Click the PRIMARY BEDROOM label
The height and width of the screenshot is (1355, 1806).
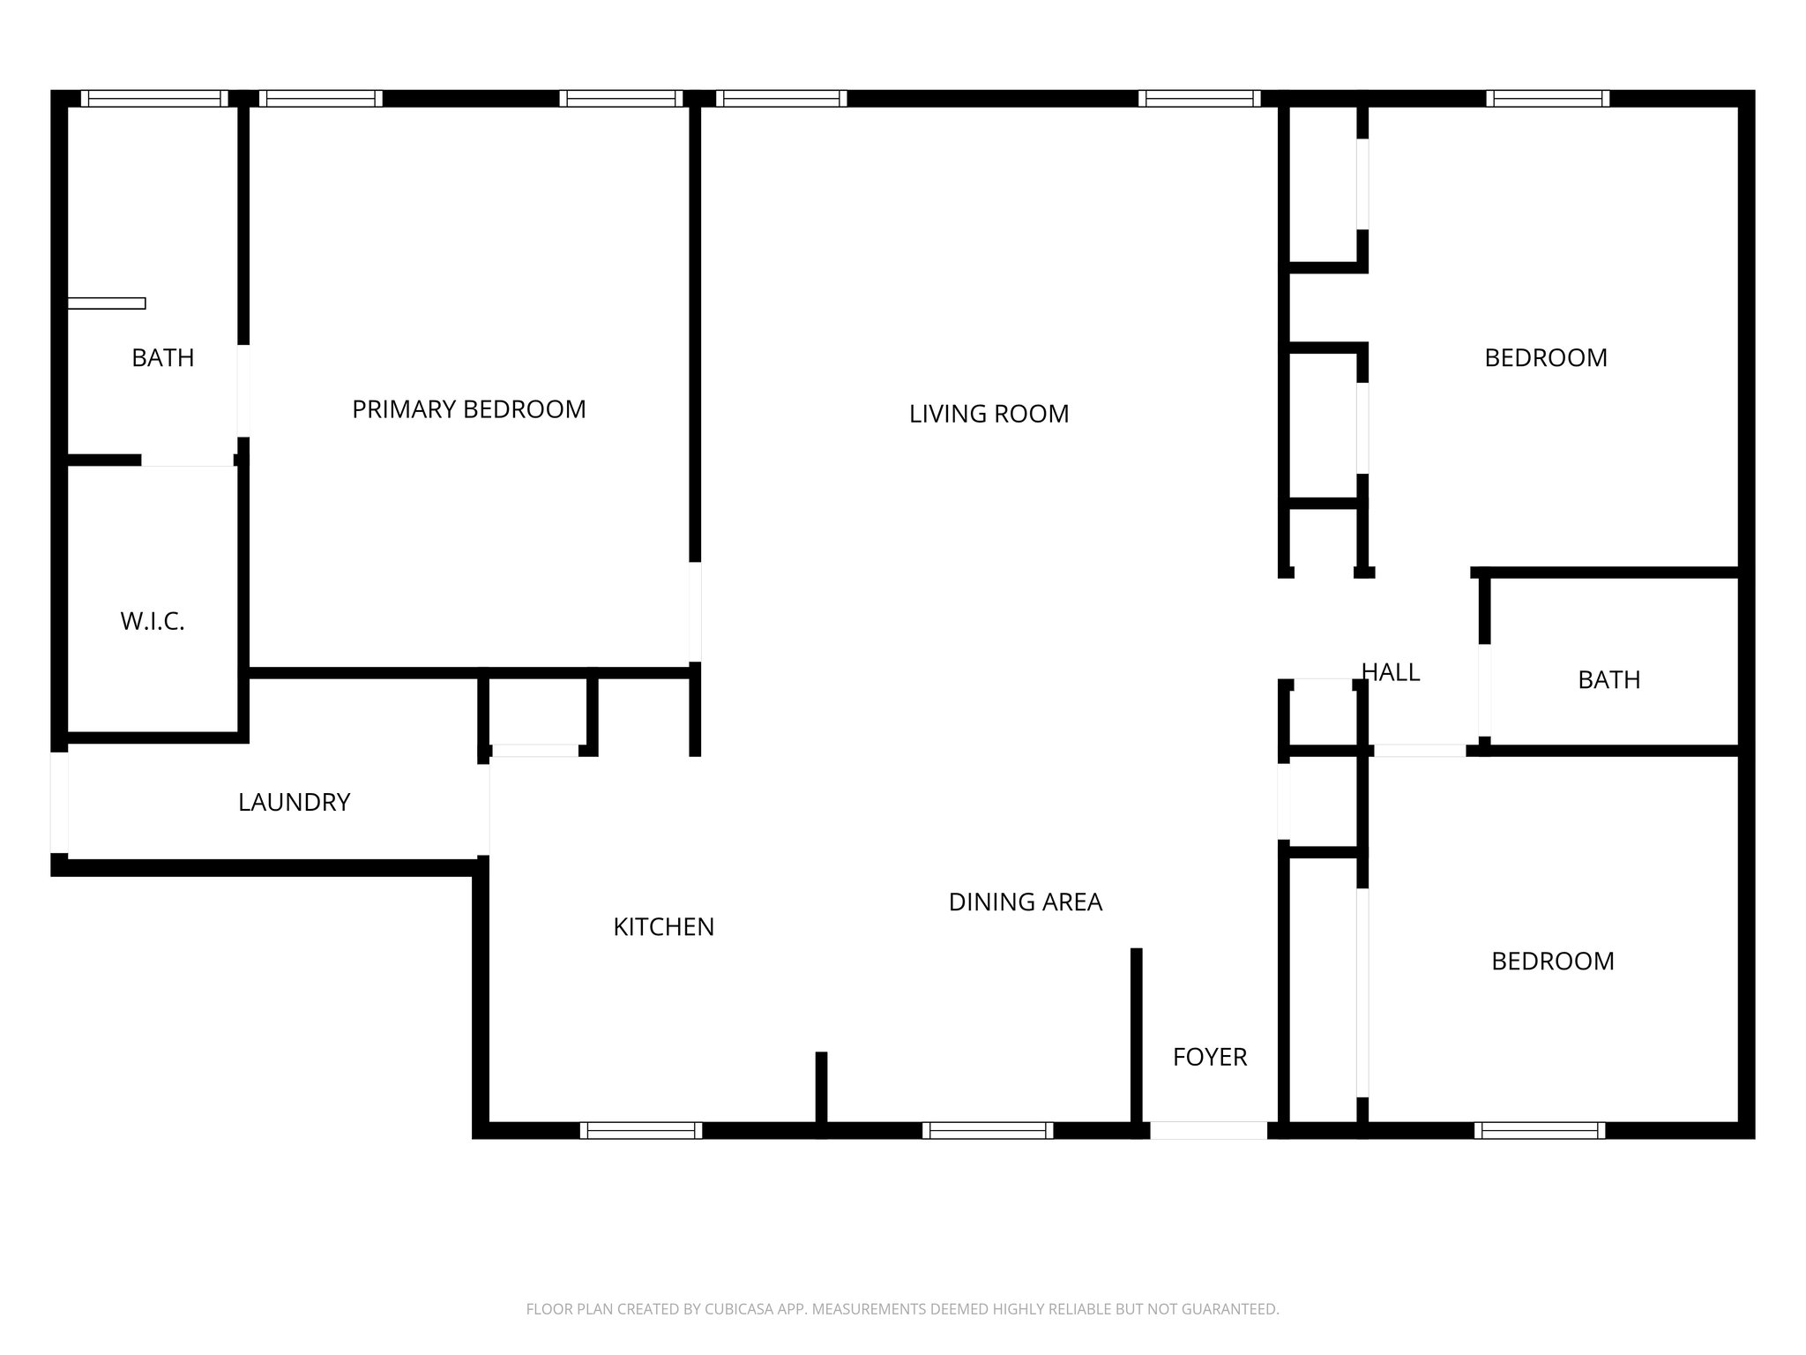tap(468, 409)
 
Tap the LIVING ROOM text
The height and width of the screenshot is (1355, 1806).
tap(989, 414)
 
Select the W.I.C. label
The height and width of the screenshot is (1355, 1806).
tap(153, 622)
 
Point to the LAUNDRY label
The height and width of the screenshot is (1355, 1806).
tap(294, 802)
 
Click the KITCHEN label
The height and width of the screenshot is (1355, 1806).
tap(663, 927)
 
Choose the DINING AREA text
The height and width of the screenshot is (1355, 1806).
tap(1025, 902)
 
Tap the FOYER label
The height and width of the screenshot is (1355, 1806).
tap(1209, 1057)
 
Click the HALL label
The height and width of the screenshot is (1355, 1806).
tap(1391, 672)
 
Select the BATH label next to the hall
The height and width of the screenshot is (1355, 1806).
tap(1608, 680)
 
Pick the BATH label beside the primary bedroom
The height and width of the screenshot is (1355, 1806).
tap(162, 358)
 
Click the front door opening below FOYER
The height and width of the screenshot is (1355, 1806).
tap(1208, 1130)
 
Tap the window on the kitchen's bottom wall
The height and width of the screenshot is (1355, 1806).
tap(641, 1130)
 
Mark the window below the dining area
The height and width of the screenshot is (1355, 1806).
tap(988, 1130)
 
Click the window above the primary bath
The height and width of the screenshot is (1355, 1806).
tap(154, 99)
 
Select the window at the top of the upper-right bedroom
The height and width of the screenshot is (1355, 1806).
tap(1548, 99)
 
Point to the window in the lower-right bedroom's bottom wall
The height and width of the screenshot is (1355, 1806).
tap(1539, 1130)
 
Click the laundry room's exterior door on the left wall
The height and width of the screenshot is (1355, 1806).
tap(59, 802)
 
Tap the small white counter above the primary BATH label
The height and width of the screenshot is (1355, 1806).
tap(107, 303)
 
